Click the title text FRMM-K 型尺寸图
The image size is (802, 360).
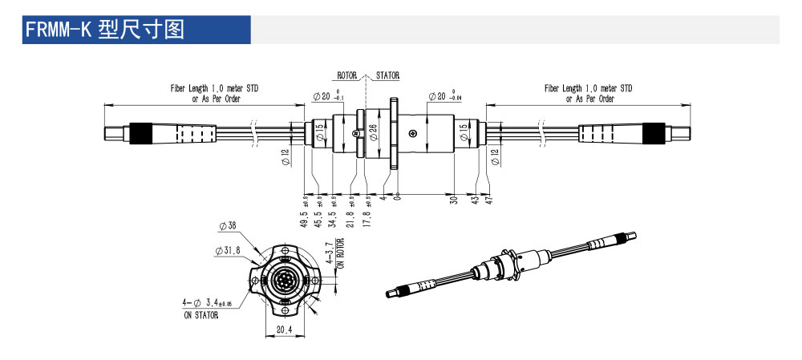105,30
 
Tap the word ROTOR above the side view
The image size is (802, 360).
347,75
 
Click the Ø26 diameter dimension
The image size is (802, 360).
373,132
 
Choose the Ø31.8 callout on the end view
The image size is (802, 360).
228,250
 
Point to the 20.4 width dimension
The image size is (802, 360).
284,329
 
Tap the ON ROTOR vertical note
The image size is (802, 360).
340,253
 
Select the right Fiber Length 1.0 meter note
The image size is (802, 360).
588,93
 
